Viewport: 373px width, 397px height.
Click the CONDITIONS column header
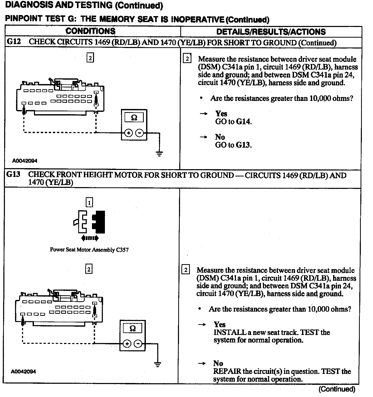[x=90, y=31]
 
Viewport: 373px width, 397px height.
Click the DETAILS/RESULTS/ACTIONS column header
[x=271, y=32]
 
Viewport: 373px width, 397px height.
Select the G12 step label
[x=13, y=42]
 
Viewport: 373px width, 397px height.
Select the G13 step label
[x=13, y=174]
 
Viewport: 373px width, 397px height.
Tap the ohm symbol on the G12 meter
[x=134, y=118]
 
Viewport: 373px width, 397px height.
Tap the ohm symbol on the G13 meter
[x=132, y=328]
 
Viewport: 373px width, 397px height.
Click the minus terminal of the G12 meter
[x=140, y=133]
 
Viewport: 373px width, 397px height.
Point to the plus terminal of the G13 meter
[x=127, y=344]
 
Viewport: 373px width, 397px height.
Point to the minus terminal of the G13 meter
[x=138, y=344]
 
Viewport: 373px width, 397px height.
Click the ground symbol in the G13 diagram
[x=157, y=364]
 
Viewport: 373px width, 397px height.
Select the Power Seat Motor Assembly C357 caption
[x=89, y=250]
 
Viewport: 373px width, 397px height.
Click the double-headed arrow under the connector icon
[x=90, y=238]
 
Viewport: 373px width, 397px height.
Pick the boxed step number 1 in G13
[x=89, y=202]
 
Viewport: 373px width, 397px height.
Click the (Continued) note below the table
[x=337, y=389]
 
